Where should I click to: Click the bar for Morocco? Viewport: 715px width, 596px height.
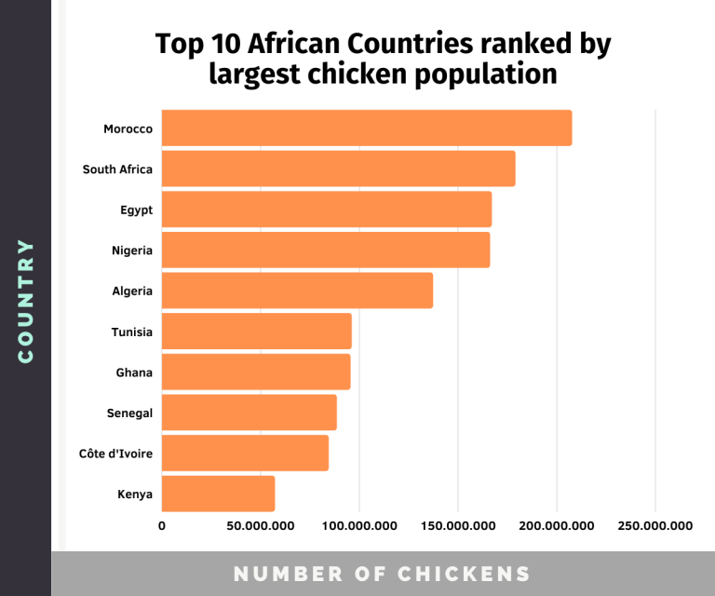(x=367, y=128)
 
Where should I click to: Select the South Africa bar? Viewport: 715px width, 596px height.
(x=338, y=169)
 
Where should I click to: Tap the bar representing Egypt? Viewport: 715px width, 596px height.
(x=327, y=210)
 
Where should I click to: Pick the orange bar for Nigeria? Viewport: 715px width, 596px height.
(x=326, y=251)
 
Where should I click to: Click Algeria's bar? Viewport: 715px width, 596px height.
(x=297, y=291)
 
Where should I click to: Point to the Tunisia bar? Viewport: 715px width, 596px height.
(x=256, y=332)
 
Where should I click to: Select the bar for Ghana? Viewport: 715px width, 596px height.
(x=256, y=372)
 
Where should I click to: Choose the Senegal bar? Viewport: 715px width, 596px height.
(x=249, y=413)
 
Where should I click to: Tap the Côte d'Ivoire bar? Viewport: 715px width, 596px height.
(x=245, y=453)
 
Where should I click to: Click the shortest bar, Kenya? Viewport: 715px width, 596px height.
(x=218, y=494)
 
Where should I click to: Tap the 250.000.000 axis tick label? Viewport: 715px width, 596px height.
(x=655, y=526)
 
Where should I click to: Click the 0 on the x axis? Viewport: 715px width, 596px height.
(x=162, y=526)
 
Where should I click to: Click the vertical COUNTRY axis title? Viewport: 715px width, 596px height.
(x=25, y=301)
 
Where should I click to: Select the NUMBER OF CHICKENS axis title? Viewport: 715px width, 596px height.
(x=382, y=574)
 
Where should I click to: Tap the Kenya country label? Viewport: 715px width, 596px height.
(x=134, y=494)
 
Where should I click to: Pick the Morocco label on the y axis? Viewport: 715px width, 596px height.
(x=128, y=128)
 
